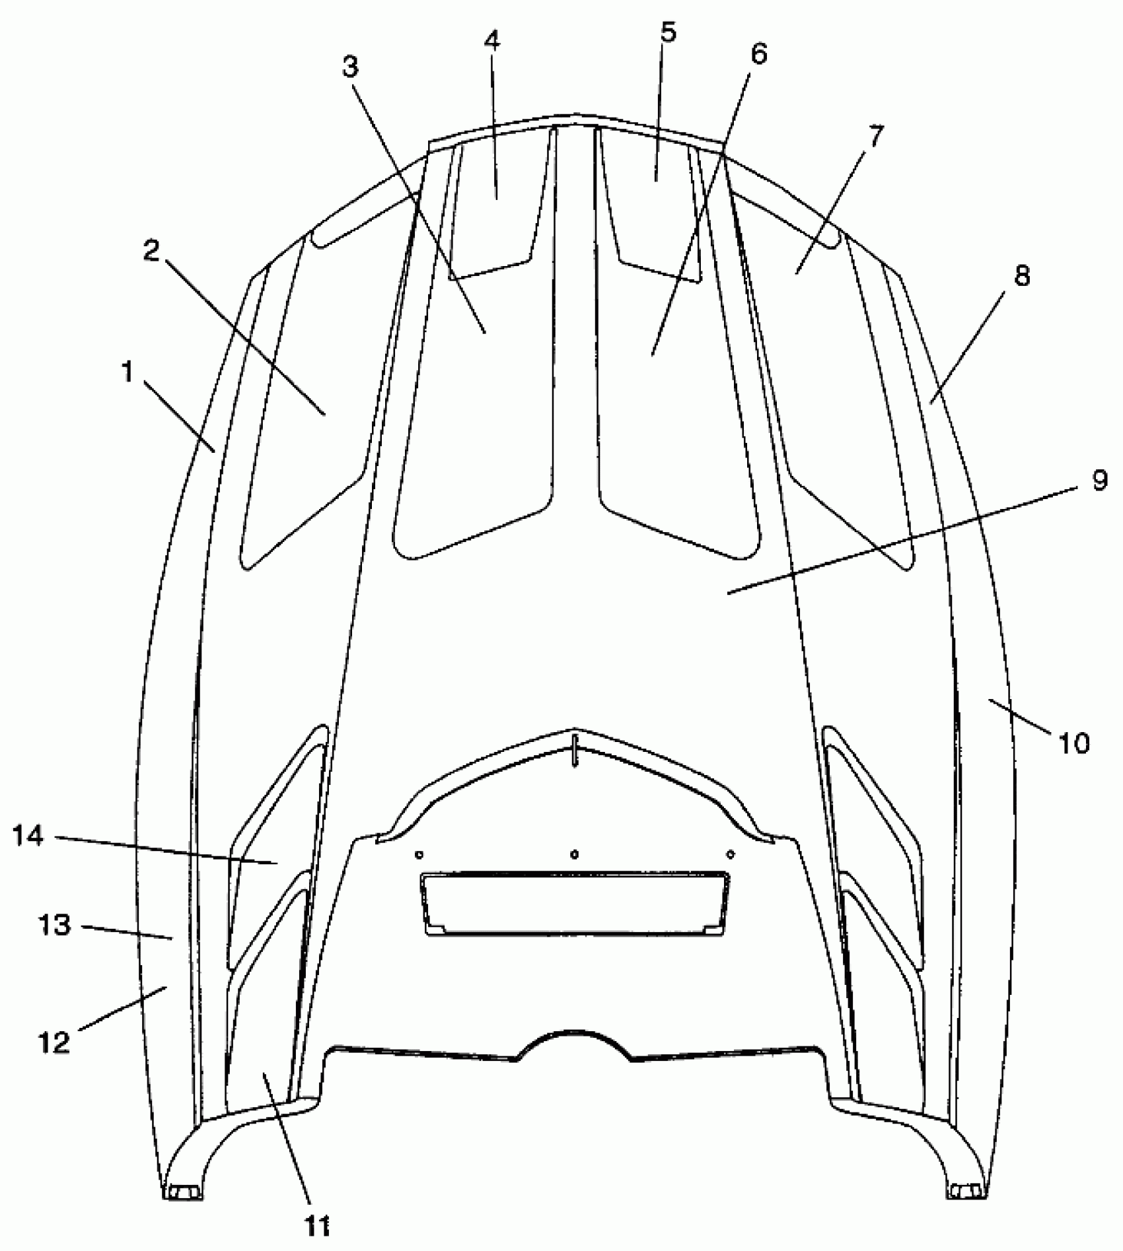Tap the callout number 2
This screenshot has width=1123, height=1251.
pos(152,251)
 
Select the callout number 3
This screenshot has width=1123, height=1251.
pos(350,65)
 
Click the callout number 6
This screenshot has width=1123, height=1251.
pos(759,55)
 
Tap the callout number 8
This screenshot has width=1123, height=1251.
pos(1021,277)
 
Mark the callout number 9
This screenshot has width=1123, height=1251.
pos(1099,481)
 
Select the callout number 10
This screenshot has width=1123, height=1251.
pos(1074,743)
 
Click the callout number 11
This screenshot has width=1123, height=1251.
pos(317,1225)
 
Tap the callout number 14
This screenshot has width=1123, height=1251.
pos(28,837)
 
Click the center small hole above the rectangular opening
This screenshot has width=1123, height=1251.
pos(575,854)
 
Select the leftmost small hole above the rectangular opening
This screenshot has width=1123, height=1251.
pos(419,854)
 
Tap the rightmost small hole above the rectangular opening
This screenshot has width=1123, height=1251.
pos(730,854)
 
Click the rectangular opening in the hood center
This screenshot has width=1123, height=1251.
pos(575,903)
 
